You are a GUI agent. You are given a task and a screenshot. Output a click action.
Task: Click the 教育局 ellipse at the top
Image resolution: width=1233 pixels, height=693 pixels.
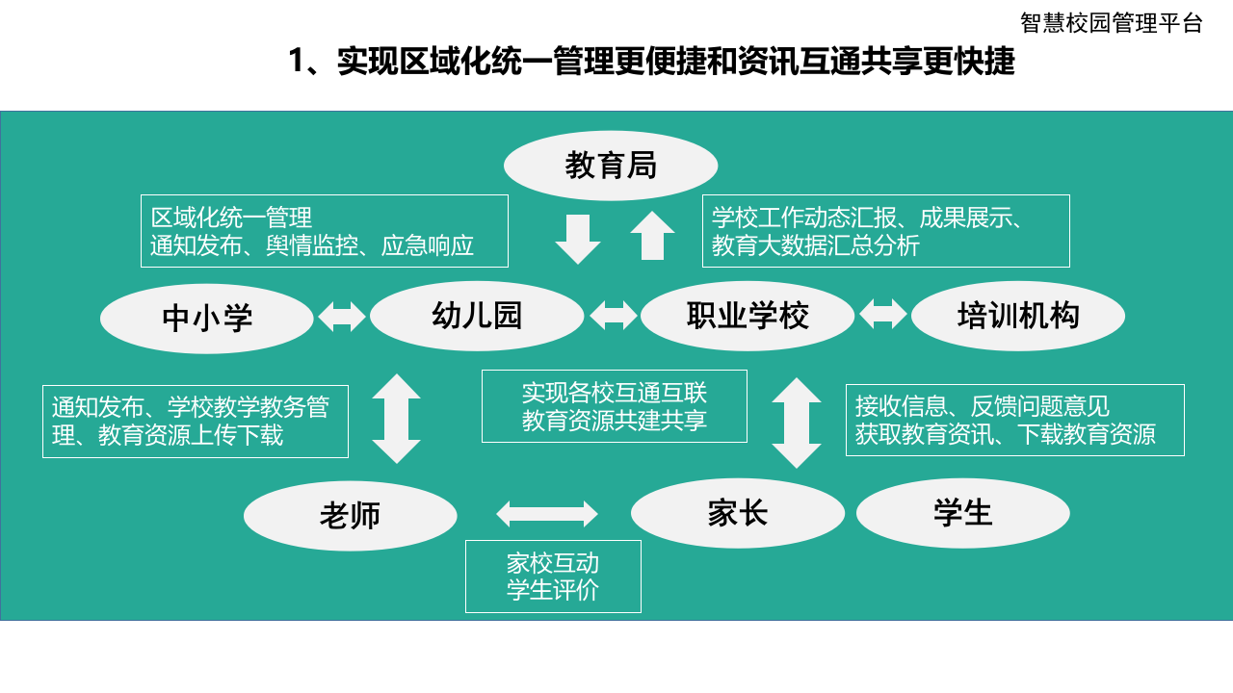tap(611, 166)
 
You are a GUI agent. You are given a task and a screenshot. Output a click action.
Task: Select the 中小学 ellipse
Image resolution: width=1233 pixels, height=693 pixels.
tap(207, 318)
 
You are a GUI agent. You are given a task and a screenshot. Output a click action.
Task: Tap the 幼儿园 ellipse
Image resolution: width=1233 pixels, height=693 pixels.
tap(477, 316)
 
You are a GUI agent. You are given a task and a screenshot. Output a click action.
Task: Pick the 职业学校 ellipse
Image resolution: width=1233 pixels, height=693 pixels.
tap(748, 316)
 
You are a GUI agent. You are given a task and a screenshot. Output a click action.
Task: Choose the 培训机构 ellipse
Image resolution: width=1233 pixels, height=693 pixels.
tap(1018, 316)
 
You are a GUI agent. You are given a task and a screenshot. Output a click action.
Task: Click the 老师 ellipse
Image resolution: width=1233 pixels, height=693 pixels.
tap(351, 516)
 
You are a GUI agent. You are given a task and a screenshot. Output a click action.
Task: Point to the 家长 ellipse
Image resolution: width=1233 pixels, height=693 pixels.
tap(738, 513)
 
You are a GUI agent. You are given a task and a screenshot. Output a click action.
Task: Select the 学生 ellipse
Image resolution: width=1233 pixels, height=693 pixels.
tap(963, 513)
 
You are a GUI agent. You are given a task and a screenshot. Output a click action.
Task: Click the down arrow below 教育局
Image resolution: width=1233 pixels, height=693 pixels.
tap(578, 239)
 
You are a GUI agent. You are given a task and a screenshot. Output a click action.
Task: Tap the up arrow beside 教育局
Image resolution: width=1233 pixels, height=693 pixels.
tap(652, 236)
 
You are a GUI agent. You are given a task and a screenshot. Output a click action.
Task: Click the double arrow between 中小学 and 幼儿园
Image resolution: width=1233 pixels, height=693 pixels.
tap(342, 317)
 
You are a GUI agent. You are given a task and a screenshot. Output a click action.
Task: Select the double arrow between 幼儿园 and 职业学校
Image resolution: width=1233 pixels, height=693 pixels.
tap(614, 316)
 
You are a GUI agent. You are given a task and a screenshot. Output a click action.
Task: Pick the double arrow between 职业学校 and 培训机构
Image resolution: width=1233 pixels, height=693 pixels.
tap(883, 314)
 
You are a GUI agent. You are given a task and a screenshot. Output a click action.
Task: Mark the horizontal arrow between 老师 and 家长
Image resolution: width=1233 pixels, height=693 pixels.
tap(547, 514)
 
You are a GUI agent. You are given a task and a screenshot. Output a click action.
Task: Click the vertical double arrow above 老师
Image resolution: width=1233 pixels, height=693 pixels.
tap(397, 419)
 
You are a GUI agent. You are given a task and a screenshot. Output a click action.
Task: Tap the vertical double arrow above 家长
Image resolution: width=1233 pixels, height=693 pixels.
tap(797, 423)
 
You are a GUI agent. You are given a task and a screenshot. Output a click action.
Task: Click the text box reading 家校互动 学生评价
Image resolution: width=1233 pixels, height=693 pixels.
tap(553, 576)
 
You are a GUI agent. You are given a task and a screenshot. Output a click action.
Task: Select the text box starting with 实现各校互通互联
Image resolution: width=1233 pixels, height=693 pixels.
tap(615, 406)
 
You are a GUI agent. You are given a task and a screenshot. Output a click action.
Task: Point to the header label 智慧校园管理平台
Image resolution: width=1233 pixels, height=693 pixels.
tap(1112, 23)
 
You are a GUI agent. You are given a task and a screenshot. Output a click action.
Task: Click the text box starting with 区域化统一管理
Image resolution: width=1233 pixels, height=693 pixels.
tap(324, 231)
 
